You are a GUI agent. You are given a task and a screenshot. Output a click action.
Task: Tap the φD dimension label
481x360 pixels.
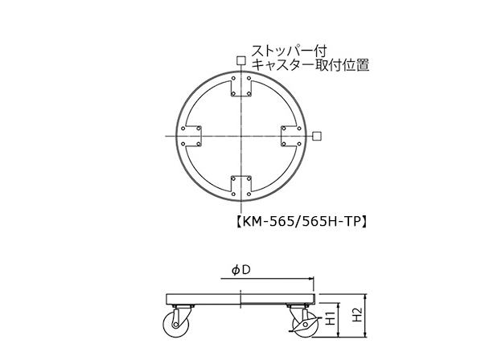(240, 270)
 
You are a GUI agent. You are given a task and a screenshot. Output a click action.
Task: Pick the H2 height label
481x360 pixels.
(357, 315)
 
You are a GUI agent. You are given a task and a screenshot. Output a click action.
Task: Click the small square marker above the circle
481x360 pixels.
(241, 60)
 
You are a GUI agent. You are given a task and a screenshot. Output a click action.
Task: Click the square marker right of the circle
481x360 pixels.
(317, 136)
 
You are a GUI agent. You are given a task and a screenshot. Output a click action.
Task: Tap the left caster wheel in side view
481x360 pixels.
(173, 325)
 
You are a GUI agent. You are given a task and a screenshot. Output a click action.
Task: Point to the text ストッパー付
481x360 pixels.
(290, 51)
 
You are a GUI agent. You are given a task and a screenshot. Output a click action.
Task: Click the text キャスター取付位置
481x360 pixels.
(310, 65)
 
